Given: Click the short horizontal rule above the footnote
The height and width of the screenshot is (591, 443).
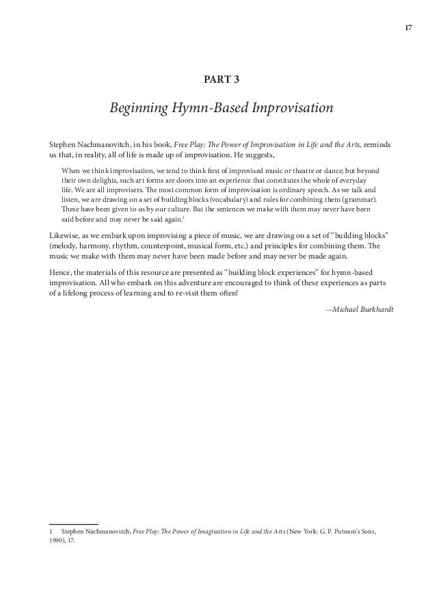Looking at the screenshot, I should (74, 523).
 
